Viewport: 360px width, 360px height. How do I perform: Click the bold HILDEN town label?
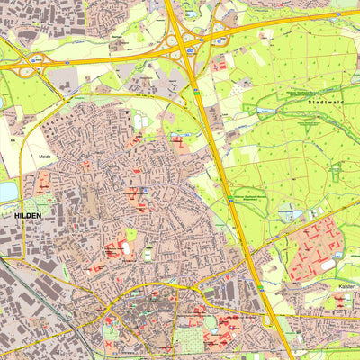pyautogui.click(x=31, y=217)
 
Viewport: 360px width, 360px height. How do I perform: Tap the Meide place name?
pyautogui.click(x=47, y=157)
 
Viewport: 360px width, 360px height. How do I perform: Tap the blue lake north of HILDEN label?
pyautogui.click(x=7, y=192)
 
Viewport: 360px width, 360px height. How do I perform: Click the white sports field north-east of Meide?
pyautogui.click(x=141, y=122)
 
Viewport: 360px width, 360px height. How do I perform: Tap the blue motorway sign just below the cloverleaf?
pyautogui.click(x=196, y=91)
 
